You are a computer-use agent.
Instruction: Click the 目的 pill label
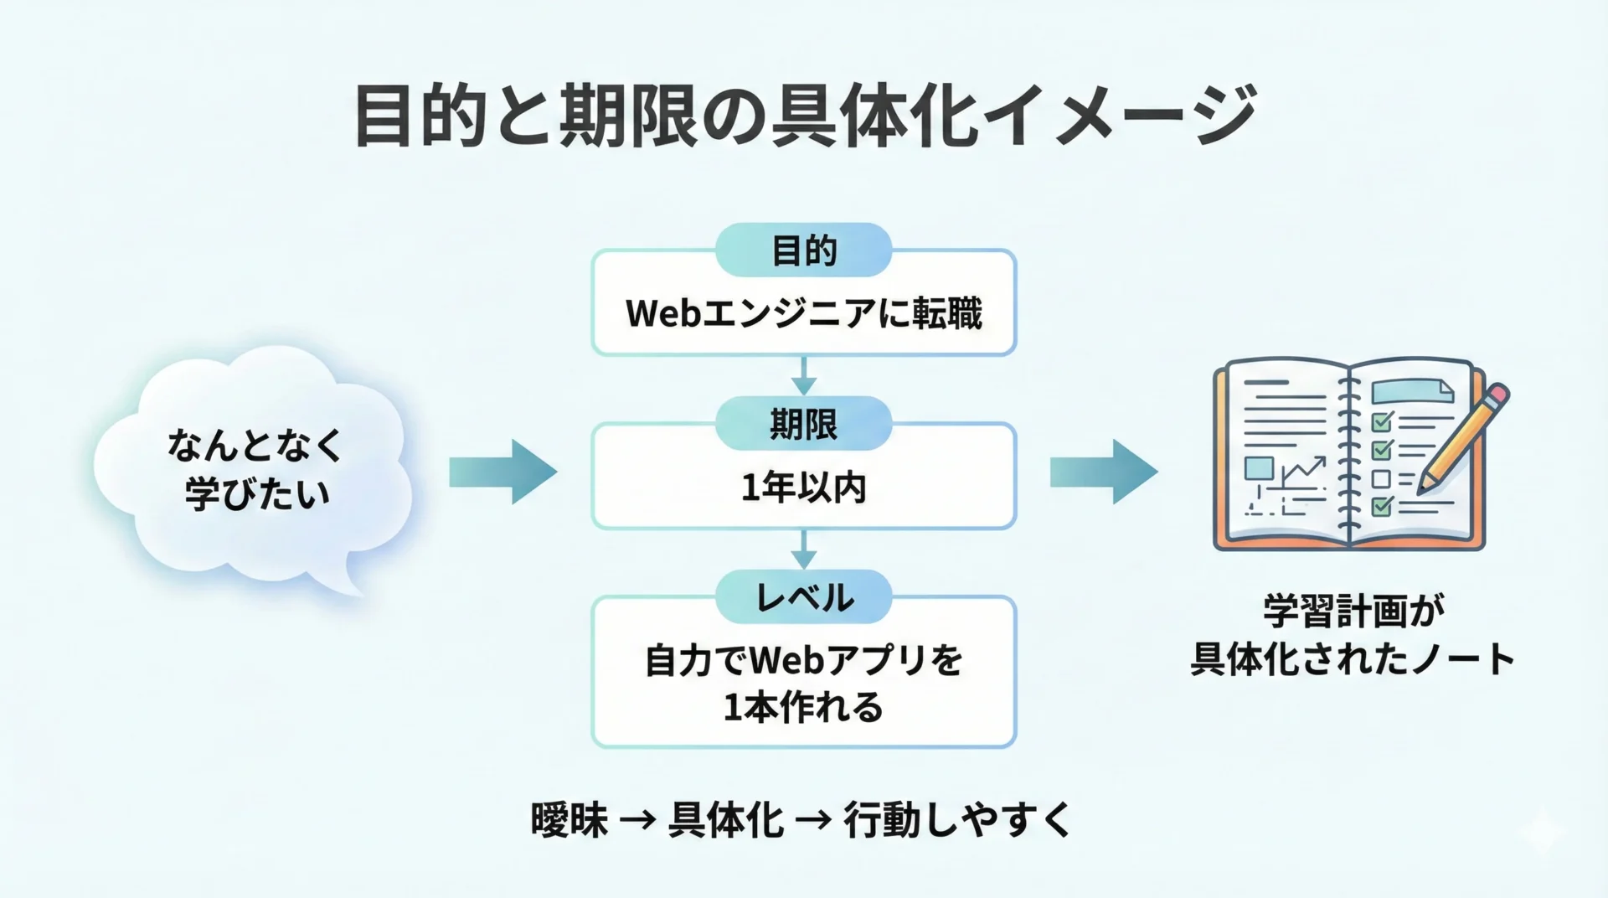tap(803, 250)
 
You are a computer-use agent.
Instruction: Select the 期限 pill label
tap(803, 425)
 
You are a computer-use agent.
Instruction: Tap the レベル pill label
tap(803, 598)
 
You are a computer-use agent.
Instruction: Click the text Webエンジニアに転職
tap(803, 314)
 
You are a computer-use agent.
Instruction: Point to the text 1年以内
tap(803, 488)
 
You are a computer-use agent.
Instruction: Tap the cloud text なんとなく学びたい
tap(255, 469)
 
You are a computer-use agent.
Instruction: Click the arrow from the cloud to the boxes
tap(502, 472)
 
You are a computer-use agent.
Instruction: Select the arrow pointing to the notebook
tap(1104, 472)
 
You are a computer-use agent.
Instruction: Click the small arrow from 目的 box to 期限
tap(803, 376)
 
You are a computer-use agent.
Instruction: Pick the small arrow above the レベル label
tap(803, 550)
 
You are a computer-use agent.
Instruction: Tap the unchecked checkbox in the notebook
tap(1381, 479)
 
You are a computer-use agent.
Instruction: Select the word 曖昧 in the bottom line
tap(569, 820)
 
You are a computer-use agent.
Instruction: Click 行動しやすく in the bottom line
tap(957, 820)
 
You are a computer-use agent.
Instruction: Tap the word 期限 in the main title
tap(628, 116)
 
